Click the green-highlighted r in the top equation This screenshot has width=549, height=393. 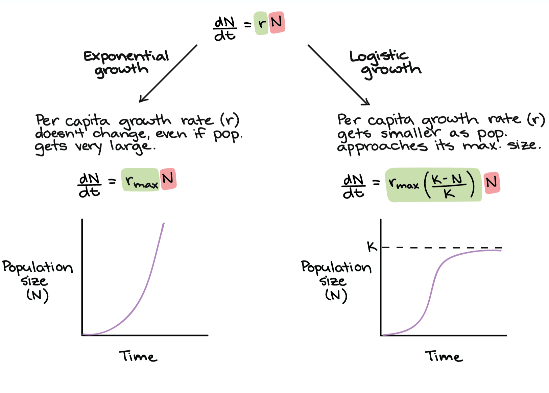coord(261,23)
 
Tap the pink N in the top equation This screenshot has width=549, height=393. coord(277,22)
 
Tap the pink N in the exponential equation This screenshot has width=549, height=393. coord(168,179)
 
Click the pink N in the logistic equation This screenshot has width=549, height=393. coord(492,183)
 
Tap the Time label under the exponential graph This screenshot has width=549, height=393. coord(138,356)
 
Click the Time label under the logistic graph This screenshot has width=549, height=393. coord(444,356)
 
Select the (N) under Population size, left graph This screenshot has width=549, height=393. coord(38,295)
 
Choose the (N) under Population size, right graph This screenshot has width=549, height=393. coord(336,295)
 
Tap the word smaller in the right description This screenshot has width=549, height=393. coord(411,133)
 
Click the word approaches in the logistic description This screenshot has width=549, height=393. coord(382,147)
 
